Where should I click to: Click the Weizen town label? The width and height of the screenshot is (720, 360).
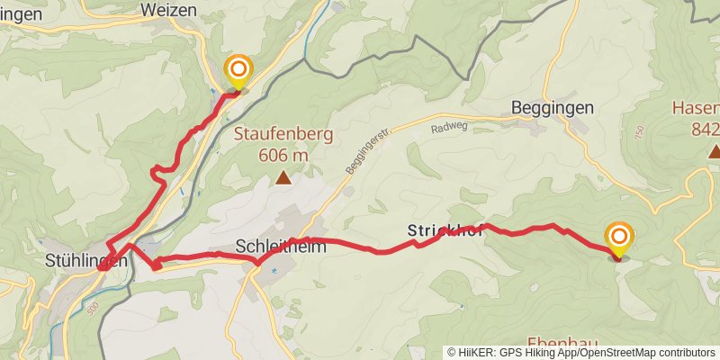coord(169,10)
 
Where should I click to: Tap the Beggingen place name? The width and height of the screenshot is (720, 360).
coord(552,107)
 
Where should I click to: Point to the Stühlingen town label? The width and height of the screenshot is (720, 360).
coord(85,261)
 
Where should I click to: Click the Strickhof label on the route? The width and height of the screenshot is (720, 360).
coord(445,230)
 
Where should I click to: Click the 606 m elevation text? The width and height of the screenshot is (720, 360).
coord(283,155)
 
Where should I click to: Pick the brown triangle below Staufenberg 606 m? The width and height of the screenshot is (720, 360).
coord(283,178)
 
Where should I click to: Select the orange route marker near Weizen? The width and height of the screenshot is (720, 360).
coord(238,69)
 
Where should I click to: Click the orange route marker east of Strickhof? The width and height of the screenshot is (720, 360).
coord(619,237)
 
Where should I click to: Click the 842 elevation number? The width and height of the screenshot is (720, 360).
coord(706,130)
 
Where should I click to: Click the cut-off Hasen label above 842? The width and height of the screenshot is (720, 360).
coord(695,109)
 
